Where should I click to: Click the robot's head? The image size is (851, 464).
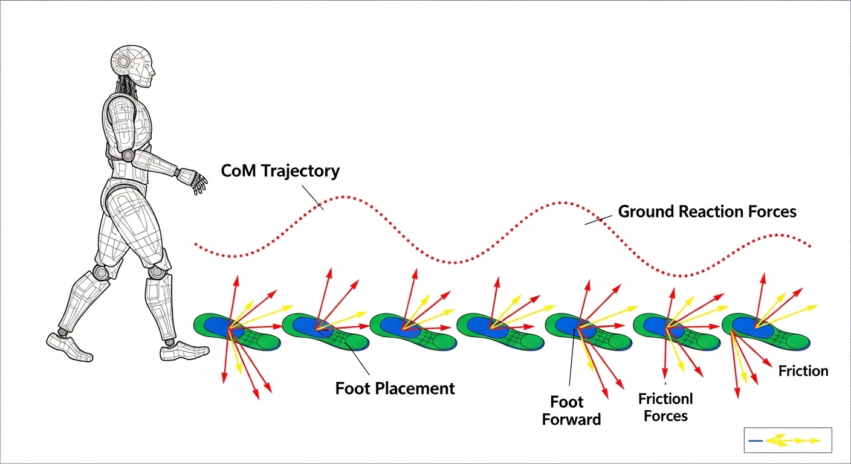134,67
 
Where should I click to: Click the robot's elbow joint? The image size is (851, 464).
128,155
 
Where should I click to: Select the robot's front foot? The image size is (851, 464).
184,350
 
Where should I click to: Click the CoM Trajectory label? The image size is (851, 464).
280,171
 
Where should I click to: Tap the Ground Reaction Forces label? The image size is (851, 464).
707,211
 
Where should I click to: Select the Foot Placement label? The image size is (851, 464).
395,388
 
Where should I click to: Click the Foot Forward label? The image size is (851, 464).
571,410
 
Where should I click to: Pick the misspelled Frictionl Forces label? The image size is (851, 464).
665,407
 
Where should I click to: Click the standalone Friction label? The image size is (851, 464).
803,371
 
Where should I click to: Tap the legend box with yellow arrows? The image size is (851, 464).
788,440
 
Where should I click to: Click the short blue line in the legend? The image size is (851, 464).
756,441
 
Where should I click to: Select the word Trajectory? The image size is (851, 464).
300,171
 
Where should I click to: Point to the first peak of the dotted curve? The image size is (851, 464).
343,196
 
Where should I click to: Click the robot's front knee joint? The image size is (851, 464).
156,272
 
